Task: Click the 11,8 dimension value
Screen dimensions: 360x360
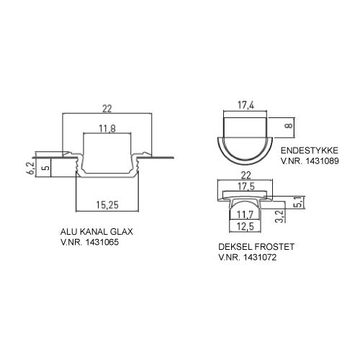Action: pos(107,129)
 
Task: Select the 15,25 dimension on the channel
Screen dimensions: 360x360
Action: pos(107,204)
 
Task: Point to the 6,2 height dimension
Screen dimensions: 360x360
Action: pos(31,168)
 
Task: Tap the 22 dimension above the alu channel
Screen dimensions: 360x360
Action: pos(107,109)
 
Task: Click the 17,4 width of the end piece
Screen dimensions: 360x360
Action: pos(246,105)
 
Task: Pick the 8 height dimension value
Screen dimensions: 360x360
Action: pos(289,125)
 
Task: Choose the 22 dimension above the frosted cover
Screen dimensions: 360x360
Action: pos(246,176)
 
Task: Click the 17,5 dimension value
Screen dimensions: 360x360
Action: pos(246,186)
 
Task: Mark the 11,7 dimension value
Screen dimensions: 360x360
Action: pos(245,215)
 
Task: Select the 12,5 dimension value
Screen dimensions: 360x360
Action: pos(245,226)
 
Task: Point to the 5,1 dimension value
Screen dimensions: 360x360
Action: pos(299,202)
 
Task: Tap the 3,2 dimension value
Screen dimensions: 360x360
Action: pos(280,216)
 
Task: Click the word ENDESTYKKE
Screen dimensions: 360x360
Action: pos(310,150)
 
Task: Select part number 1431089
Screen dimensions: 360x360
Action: pos(323,161)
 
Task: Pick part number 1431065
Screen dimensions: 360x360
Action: pos(102,242)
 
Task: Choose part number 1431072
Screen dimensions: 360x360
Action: pos(260,257)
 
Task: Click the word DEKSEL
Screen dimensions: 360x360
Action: pos(235,247)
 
